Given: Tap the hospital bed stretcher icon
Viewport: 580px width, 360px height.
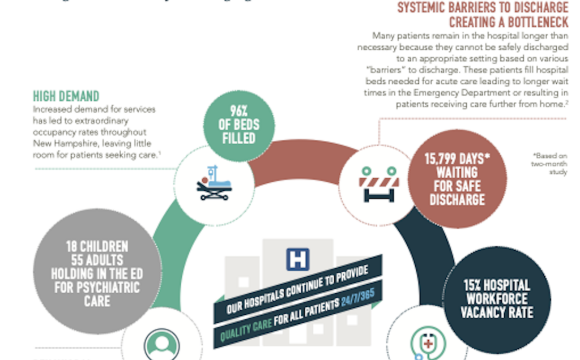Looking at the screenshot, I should coord(214,183).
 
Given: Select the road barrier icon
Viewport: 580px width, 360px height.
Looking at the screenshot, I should coord(378,184).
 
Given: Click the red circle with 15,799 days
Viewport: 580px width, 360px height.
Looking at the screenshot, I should coord(457,179).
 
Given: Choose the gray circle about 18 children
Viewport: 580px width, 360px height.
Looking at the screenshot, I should coord(97,273).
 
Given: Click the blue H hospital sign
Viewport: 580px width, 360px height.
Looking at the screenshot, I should coord(297,259).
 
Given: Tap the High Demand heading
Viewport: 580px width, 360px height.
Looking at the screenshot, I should coord(66,96).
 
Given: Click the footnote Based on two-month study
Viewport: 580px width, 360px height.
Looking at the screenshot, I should coord(549,164).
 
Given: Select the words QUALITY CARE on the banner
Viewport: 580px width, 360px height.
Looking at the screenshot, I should coord(246,329).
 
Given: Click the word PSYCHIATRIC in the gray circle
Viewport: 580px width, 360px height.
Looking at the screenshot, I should coord(97,286).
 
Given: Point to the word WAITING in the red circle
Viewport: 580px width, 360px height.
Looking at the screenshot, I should coord(457,172).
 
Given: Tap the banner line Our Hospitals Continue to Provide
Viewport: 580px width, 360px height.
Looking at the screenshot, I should coord(297,290).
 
